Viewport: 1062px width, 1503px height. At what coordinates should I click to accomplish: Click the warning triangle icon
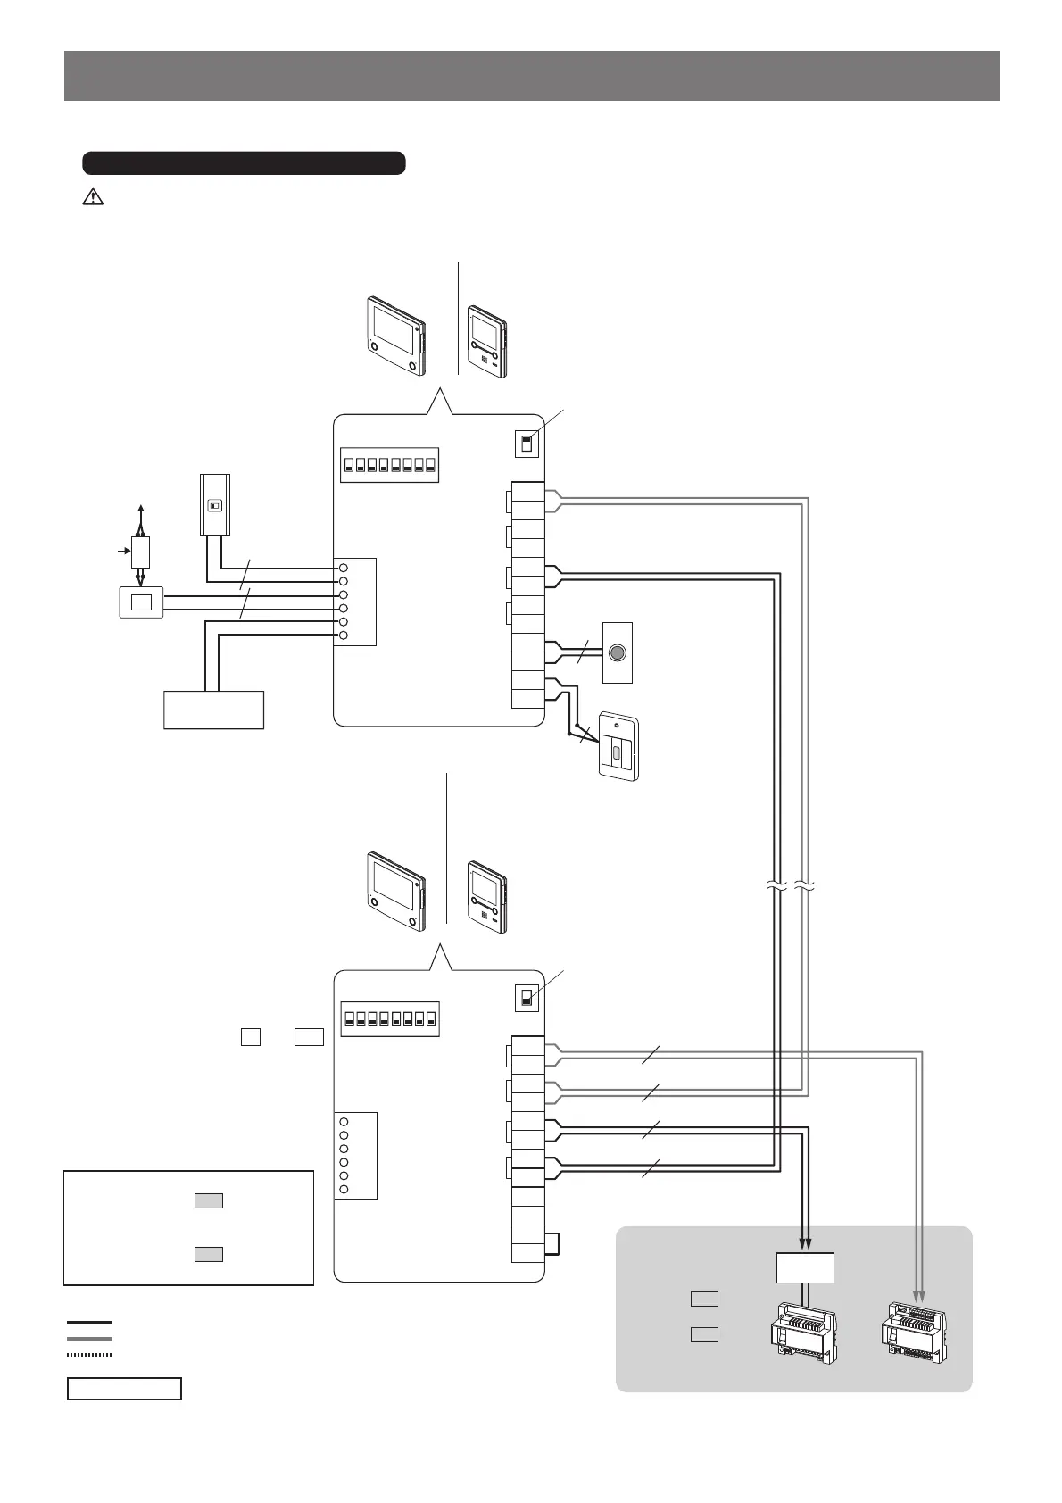(x=93, y=198)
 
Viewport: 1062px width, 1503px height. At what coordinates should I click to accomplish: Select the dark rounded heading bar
(x=244, y=163)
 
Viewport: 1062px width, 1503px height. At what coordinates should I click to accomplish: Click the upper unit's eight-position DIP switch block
(x=389, y=465)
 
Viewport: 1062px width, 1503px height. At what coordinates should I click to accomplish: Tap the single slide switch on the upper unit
(x=527, y=443)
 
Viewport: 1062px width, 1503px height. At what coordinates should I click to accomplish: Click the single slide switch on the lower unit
(x=527, y=998)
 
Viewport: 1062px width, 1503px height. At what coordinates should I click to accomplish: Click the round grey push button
(x=617, y=652)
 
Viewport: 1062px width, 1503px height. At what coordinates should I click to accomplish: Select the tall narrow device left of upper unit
(x=214, y=504)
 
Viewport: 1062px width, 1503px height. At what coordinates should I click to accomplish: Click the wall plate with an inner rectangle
(x=141, y=602)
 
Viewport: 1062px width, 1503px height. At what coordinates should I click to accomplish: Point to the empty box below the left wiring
(x=214, y=709)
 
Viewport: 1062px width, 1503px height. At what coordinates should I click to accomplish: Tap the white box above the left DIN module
(x=804, y=1267)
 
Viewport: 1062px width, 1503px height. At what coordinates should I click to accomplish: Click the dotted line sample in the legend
(x=89, y=1355)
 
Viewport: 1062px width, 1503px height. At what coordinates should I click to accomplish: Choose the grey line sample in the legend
(x=89, y=1339)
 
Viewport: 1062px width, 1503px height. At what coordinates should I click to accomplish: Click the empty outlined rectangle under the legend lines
(x=125, y=1389)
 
